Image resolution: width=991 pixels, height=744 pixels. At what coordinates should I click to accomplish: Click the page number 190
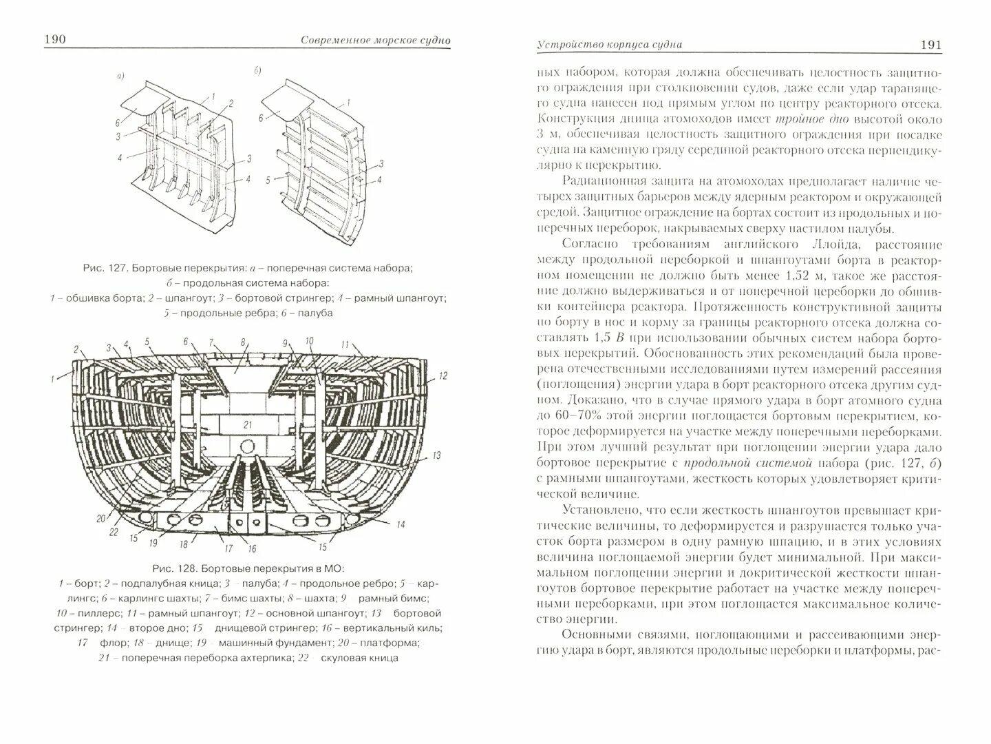pos(54,39)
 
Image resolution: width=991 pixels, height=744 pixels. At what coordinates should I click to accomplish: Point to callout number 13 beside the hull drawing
pos(436,455)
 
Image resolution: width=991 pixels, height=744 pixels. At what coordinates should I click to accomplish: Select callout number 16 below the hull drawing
pos(252,549)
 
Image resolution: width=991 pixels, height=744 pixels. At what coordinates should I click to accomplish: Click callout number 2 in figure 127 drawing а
pos(231,103)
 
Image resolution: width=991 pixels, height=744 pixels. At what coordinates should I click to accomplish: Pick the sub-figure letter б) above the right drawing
pos(257,70)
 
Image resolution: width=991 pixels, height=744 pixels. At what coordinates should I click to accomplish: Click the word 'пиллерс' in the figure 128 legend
pos(87,613)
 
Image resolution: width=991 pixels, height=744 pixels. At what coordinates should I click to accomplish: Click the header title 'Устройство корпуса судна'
pos(609,45)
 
